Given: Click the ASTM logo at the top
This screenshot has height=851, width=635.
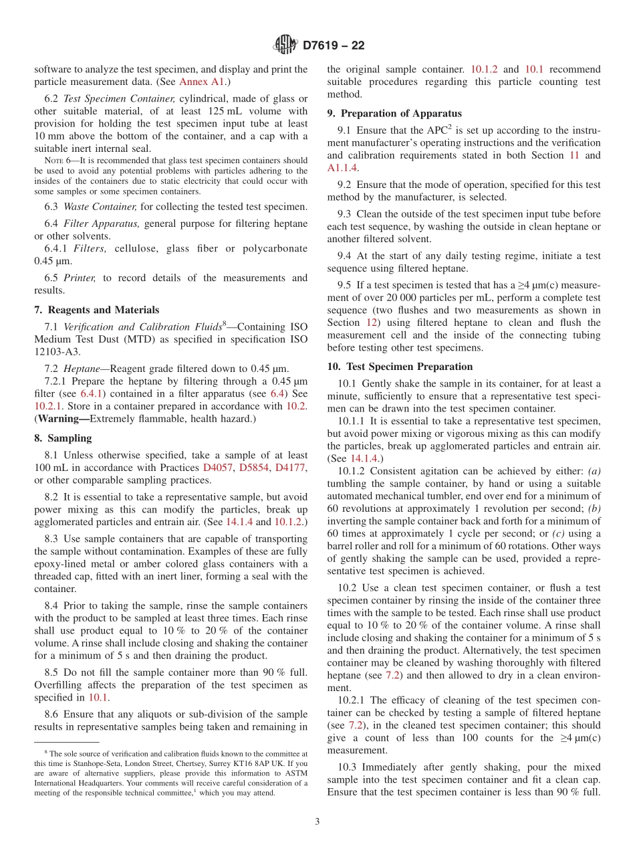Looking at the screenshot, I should (x=285, y=45).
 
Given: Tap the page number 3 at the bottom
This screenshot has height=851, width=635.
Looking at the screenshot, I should (x=317, y=822).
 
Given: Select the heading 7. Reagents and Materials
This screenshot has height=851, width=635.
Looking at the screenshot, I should (x=97, y=310).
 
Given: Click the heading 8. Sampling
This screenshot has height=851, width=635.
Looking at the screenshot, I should (x=63, y=438).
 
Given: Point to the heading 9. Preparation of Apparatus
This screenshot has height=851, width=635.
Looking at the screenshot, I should (x=394, y=113).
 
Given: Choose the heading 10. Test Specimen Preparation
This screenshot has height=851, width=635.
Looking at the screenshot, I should (x=400, y=367).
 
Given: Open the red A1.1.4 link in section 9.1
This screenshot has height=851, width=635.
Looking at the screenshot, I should (x=342, y=168).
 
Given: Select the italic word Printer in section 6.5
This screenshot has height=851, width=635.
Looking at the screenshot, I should (x=80, y=278).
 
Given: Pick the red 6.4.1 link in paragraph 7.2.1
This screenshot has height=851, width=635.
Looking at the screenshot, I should (x=91, y=393).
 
